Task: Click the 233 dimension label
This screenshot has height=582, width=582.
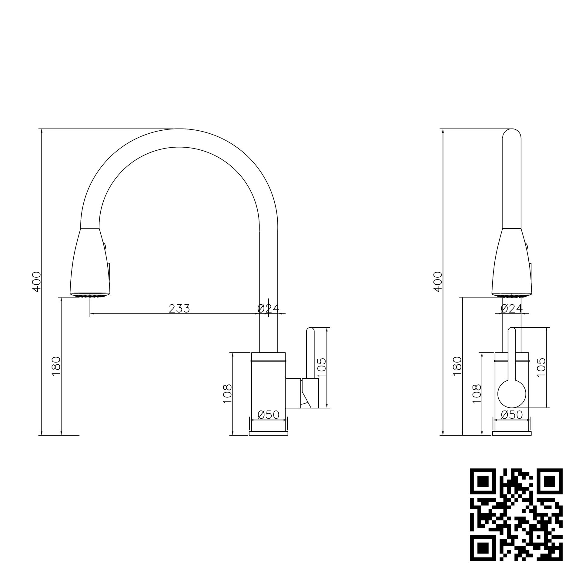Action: [179, 309]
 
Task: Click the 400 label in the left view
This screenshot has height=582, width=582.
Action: [37, 282]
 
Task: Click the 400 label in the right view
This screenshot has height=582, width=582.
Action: [437, 282]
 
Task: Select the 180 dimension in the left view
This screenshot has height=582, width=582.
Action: [56, 366]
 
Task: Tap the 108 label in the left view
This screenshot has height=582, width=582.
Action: [227, 394]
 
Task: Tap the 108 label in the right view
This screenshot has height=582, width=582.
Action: [477, 394]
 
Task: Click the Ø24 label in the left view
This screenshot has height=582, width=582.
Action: [268, 309]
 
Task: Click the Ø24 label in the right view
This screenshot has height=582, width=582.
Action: [512, 309]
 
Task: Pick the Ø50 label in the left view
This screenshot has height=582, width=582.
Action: [268, 415]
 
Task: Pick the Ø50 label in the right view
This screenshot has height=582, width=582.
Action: [512, 415]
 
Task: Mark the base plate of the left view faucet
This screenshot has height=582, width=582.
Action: [268, 433]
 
